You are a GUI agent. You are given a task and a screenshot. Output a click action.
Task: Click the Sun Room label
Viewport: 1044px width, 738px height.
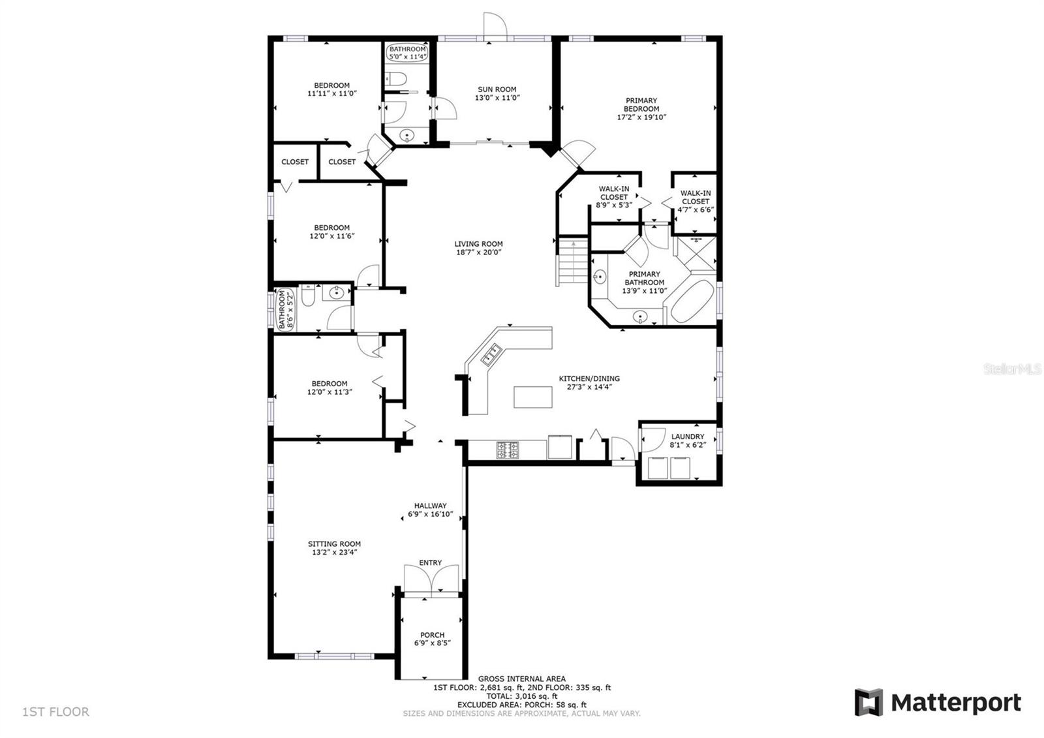(x=497, y=89)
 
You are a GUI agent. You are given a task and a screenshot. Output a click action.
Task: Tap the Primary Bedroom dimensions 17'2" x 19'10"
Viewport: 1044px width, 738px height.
(x=641, y=117)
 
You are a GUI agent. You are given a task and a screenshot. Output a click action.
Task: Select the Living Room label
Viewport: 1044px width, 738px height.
(x=479, y=244)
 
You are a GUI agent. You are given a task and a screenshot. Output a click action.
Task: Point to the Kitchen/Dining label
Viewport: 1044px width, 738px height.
(x=589, y=378)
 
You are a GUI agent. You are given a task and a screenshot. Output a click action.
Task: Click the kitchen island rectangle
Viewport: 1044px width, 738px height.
(x=532, y=397)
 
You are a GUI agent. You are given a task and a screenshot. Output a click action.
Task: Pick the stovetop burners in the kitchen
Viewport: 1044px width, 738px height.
(x=508, y=450)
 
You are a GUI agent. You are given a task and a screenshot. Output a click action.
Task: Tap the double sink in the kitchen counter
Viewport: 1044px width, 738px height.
(x=491, y=354)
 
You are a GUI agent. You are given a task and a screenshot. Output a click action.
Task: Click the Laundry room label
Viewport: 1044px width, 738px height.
(x=688, y=437)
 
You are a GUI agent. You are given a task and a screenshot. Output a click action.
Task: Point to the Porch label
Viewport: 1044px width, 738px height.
(x=432, y=635)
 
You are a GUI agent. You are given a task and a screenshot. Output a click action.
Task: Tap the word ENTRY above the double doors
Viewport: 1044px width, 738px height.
(x=430, y=562)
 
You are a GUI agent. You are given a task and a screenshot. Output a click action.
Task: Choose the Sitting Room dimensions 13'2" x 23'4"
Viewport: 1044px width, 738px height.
(x=334, y=553)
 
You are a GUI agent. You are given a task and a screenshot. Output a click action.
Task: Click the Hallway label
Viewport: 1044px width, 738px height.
(x=430, y=506)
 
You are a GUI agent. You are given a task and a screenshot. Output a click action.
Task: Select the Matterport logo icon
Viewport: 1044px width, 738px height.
(x=868, y=702)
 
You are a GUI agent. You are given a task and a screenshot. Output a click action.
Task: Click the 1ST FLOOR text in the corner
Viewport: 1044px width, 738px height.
(x=55, y=712)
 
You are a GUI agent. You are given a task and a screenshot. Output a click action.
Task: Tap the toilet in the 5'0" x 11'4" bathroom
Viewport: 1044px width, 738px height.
(x=395, y=78)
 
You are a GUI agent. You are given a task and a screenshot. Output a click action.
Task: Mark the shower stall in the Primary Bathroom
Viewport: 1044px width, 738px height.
(x=696, y=253)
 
